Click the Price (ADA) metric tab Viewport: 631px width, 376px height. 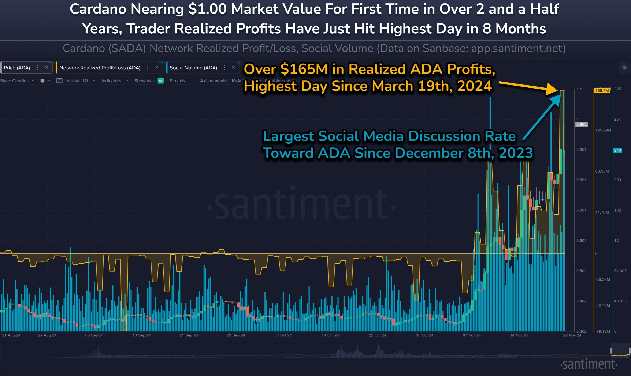point(17,68)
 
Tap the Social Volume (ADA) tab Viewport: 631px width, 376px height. point(193,68)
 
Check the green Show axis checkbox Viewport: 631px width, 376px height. point(160,80)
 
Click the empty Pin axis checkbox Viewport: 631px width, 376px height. point(191,80)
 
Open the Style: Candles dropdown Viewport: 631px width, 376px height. point(17,80)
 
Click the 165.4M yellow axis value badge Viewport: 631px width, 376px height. point(602,90)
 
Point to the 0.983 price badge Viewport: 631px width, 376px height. point(581,124)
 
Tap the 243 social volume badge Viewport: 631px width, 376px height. point(617,150)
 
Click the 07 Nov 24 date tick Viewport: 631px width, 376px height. point(472,335)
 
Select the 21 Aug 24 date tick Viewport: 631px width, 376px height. point(11,335)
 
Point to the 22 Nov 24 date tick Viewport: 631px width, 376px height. point(572,335)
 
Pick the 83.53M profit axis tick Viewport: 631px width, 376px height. point(602,171)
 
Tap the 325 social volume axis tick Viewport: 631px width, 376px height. point(617,89)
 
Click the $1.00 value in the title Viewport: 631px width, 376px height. point(207,9)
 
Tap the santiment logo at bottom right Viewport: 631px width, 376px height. point(589,364)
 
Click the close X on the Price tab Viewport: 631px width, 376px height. point(46,67)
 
